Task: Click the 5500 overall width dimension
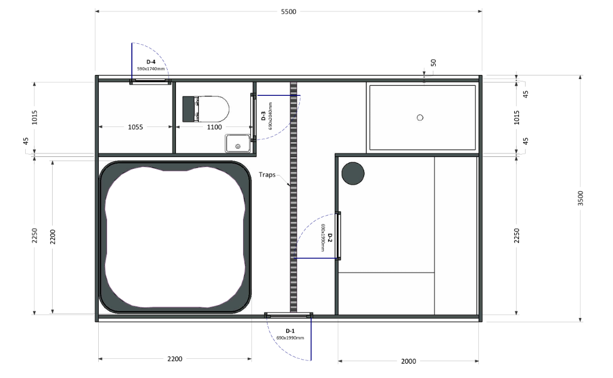coord(289,12)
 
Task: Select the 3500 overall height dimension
coord(581,198)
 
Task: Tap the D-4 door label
coord(151,62)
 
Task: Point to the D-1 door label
coord(290,331)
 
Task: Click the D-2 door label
coord(330,238)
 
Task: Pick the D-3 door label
coord(263,116)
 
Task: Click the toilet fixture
coord(206,109)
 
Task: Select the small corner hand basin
coord(237,143)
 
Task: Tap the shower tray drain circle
coord(420,117)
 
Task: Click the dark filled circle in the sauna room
coord(353,173)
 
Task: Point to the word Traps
coord(267,174)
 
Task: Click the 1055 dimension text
coord(135,127)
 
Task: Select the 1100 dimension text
coord(214,127)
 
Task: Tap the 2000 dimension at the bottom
coord(408,361)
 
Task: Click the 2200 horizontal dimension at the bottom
coord(175,359)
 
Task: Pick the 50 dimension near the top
coord(433,63)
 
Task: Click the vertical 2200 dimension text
coord(53,237)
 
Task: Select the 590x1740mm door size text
coord(151,69)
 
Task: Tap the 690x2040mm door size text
coord(271,116)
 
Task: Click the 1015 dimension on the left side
coord(35,117)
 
